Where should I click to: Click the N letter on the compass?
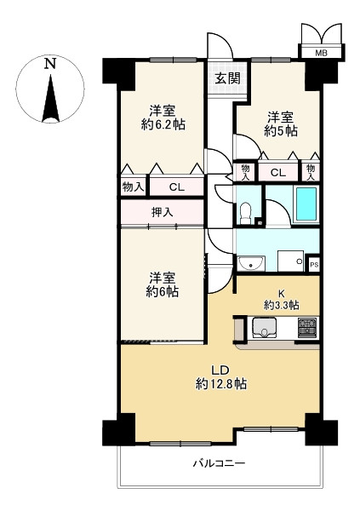tap(50, 64)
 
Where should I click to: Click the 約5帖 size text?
tap(280, 131)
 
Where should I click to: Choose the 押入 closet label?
tap(163, 212)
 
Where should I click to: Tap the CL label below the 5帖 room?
tap(277, 173)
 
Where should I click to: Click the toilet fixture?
tap(246, 212)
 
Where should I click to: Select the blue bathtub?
tap(306, 204)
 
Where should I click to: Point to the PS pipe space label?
tap(313, 264)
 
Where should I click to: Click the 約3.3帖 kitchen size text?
tap(281, 304)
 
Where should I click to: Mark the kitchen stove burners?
tap(307, 327)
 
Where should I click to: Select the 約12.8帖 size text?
tap(220, 384)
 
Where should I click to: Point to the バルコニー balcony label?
tap(218, 463)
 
